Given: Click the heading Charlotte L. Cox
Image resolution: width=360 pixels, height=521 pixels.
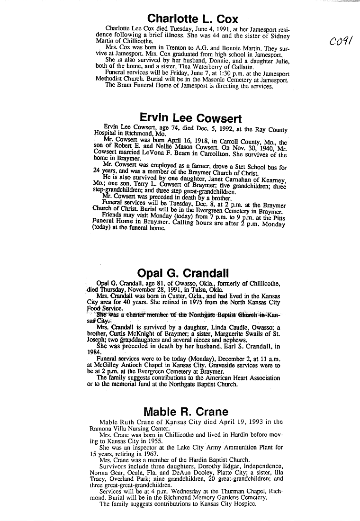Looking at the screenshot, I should pos(192,18).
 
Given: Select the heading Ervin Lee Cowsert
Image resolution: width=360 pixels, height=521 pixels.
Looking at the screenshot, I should pos(191,118).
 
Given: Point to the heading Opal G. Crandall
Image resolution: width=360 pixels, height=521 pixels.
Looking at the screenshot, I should pos(183,273).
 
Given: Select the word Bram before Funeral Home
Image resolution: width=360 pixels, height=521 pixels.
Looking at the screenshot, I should pos(123,86).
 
